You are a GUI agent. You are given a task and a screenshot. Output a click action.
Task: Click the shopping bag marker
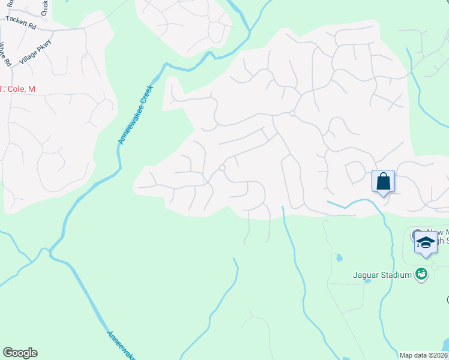click(x=383, y=181)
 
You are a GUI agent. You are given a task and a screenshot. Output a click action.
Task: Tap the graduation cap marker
click(x=426, y=243)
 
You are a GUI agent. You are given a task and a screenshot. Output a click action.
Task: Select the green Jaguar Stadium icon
click(x=421, y=274)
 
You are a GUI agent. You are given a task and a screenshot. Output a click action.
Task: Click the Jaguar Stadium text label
click(x=382, y=275)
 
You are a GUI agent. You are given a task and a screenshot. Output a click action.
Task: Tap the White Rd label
click(x=6, y=55)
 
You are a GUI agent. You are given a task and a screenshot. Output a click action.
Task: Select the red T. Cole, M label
click(x=18, y=89)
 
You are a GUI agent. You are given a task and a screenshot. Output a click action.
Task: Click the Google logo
click(x=20, y=353)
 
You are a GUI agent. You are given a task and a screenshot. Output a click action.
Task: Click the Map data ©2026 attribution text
click(x=424, y=355)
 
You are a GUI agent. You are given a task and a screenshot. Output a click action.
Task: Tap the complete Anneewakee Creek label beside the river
click(x=136, y=115)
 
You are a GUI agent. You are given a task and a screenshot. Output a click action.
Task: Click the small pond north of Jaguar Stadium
click(x=339, y=258)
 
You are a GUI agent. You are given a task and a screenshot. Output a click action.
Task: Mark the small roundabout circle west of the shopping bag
click(x=222, y=168)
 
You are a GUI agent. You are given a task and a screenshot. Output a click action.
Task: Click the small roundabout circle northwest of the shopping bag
click(x=292, y=113)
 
